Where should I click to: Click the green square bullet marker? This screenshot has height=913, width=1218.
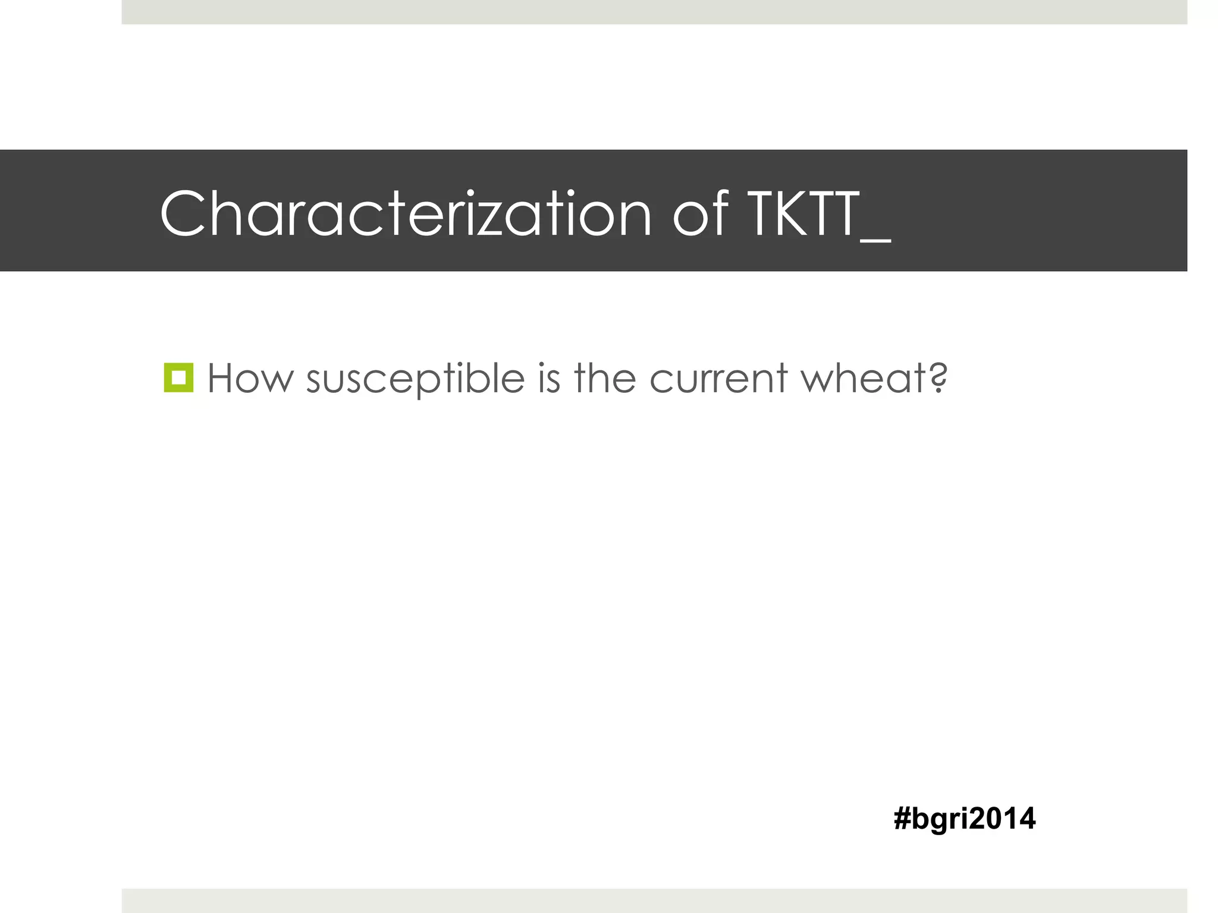178,377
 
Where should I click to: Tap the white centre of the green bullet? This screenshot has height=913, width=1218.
178,377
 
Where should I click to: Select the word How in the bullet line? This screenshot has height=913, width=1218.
250,379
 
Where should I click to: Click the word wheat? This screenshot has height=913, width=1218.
863,379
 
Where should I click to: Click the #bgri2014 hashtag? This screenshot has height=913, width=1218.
964,818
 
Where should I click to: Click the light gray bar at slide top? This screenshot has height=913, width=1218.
654,12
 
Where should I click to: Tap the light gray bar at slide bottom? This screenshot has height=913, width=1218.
654,901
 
